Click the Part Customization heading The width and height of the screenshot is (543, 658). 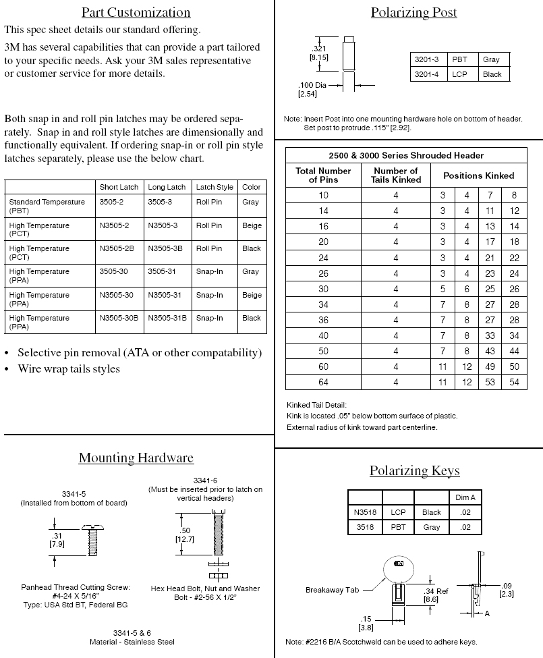pos(136,12)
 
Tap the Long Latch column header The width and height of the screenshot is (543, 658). pos(167,187)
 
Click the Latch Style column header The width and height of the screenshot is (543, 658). pos(215,187)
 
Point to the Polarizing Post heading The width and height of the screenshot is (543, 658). pos(413,12)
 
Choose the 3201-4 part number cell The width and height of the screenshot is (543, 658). pos(426,74)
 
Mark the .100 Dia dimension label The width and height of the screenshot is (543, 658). pos(312,89)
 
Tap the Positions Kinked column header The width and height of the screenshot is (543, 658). pos(478,175)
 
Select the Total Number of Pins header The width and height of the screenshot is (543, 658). pos(323,175)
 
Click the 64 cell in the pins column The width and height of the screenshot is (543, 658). pos(323,383)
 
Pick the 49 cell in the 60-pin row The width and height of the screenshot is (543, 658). pos(490,367)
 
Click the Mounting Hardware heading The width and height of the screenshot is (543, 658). pos(136,458)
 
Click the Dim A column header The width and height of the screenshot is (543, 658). pos(465,497)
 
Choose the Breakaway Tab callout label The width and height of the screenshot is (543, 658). pos(332,590)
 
